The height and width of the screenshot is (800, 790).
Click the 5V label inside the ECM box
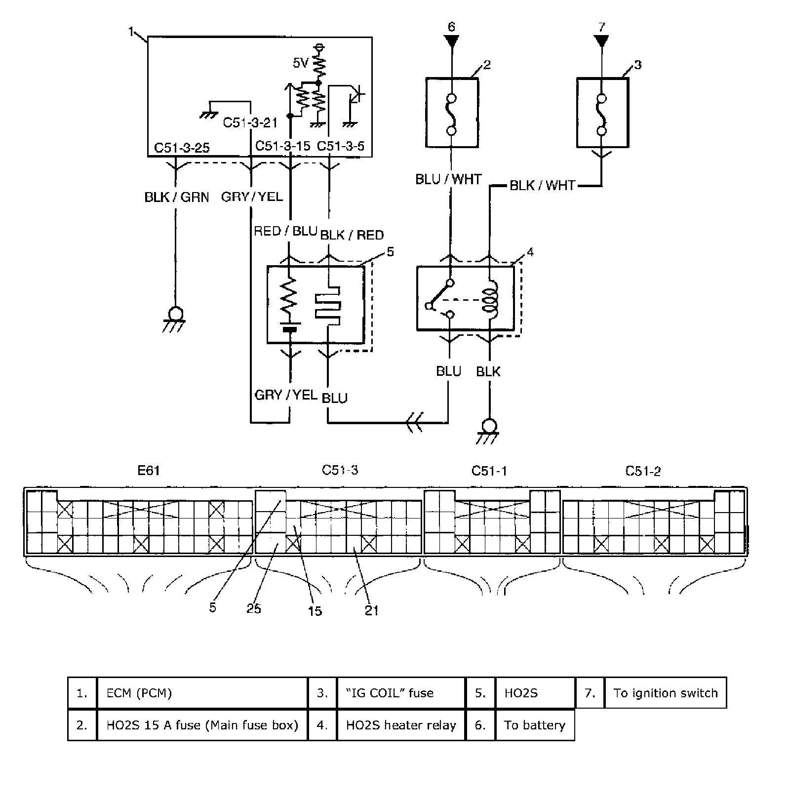300,63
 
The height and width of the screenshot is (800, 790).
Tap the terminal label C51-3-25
182,147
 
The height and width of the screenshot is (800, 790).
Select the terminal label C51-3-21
250,122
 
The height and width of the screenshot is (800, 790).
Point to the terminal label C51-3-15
282,146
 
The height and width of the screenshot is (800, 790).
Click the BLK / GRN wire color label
177,197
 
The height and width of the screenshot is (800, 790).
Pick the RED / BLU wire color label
285,231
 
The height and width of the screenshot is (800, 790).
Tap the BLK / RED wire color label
352,235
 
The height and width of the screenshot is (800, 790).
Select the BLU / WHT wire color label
448,179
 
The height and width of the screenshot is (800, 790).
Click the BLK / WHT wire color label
542,186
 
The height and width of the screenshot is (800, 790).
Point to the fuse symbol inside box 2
451,114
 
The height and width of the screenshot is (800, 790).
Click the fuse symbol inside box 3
601,114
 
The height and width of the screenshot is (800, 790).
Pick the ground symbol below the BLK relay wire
489,429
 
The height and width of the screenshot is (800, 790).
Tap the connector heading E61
149,470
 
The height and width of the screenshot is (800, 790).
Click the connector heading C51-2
642,471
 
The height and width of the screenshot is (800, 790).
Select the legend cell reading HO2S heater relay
401,725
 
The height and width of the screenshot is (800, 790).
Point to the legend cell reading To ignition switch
665,693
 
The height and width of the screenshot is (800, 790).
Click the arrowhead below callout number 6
451,41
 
